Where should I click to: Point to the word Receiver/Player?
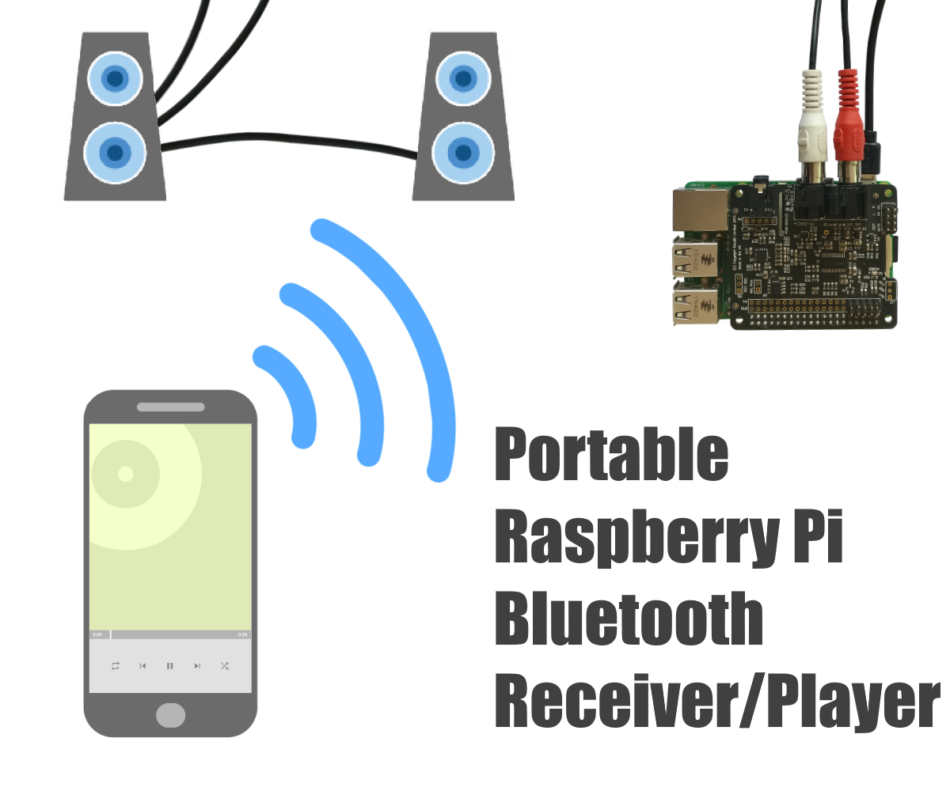[716, 699]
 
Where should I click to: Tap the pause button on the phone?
[169, 666]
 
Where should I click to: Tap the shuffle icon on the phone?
[225, 666]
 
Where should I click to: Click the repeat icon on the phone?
[116, 666]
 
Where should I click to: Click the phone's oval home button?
[170, 715]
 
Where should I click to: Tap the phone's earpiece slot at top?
[170, 407]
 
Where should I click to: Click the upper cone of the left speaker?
[116, 78]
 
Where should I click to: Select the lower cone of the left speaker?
[116, 151]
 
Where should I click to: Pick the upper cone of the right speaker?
[462, 78]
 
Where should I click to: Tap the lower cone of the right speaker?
[462, 151]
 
